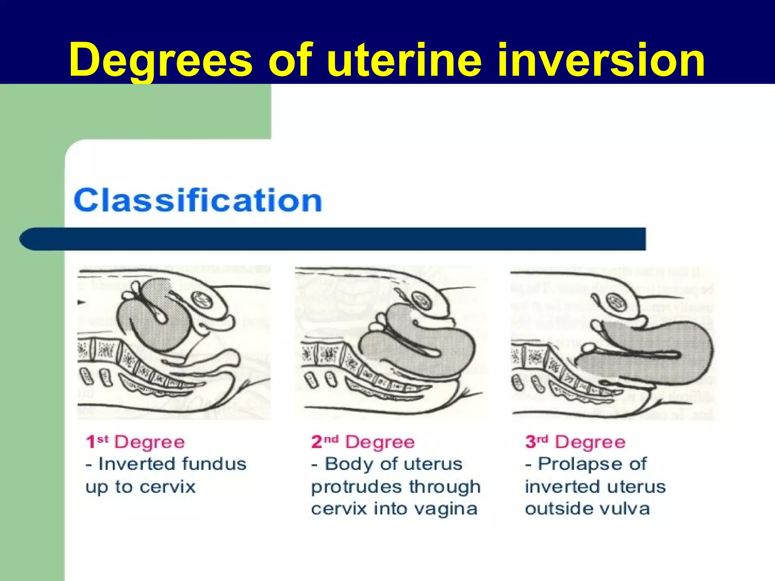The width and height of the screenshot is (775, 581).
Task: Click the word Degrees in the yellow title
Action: [x=161, y=60]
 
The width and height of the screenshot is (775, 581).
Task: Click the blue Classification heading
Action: [x=198, y=200]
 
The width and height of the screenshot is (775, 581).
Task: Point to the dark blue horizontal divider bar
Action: [x=333, y=239]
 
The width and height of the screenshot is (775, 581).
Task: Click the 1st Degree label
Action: [x=135, y=442]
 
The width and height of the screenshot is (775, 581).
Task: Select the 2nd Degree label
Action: [x=363, y=442]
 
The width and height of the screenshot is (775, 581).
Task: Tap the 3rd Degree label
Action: [x=575, y=442]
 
